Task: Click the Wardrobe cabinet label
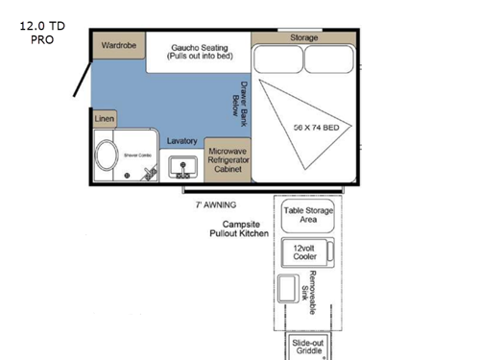coord(118,45)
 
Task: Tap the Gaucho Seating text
coord(199,51)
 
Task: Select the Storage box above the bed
coord(305,37)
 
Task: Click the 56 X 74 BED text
coord(317,126)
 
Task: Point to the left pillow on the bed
coord(278,60)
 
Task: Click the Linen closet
coord(105,118)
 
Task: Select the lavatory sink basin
coord(181,168)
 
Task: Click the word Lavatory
coord(181,141)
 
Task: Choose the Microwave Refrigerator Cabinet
coord(228,159)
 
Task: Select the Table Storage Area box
coord(306,214)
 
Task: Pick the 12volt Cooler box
coord(305,252)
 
